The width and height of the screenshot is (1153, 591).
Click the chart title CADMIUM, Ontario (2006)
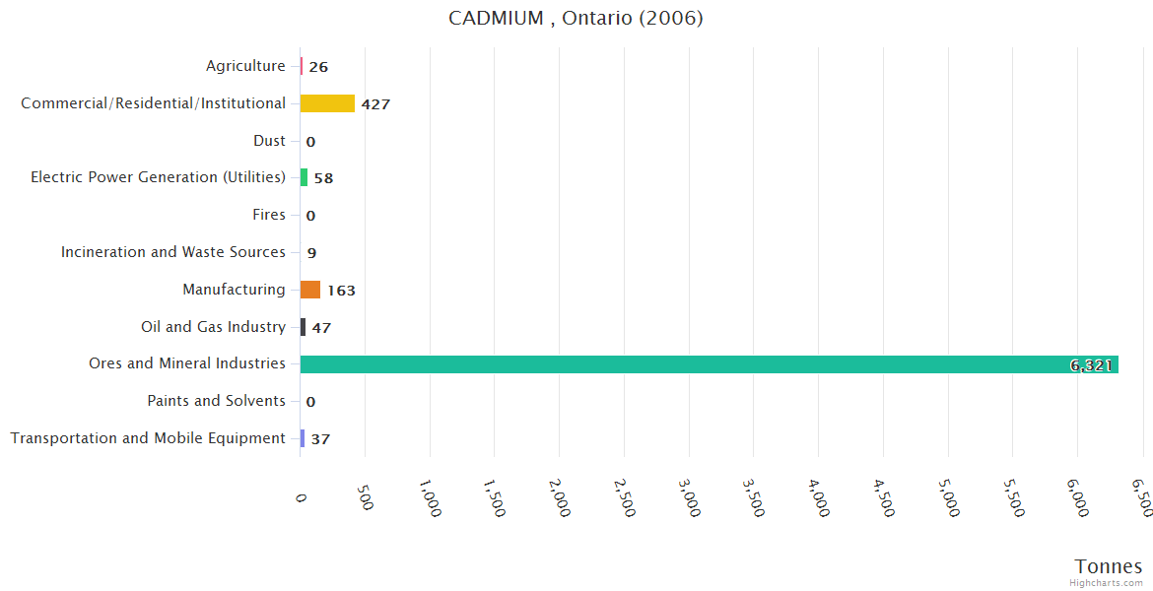(x=576, y=19)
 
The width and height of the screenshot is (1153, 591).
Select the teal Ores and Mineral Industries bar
(x=709, y=364)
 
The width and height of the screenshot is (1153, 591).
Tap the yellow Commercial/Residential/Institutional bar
(x=327, y=103)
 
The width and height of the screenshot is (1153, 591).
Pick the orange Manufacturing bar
(x=310, y=290)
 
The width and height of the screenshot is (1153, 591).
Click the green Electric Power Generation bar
(x=304, y=177)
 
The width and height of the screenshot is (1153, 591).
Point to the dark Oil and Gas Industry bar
(x=304, y=327)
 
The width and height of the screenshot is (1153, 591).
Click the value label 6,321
(x=1091, y=365)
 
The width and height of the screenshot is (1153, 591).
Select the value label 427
(x=375, y=104)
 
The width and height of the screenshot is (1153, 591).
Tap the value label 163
(x=341, y=291)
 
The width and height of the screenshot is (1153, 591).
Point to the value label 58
(x=323, y=178)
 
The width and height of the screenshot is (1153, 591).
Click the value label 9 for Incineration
(x=311, y=253)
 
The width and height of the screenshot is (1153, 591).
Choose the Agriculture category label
(x=245, y=66)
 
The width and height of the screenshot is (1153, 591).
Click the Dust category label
(x=269, y=141)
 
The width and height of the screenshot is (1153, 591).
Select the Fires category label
(x=269, y=215)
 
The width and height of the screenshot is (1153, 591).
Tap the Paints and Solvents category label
(x=216, y=401)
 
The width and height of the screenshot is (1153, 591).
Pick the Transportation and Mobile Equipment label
(x=148, y=438)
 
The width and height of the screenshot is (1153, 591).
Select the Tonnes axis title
(x=1108, y=566)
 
